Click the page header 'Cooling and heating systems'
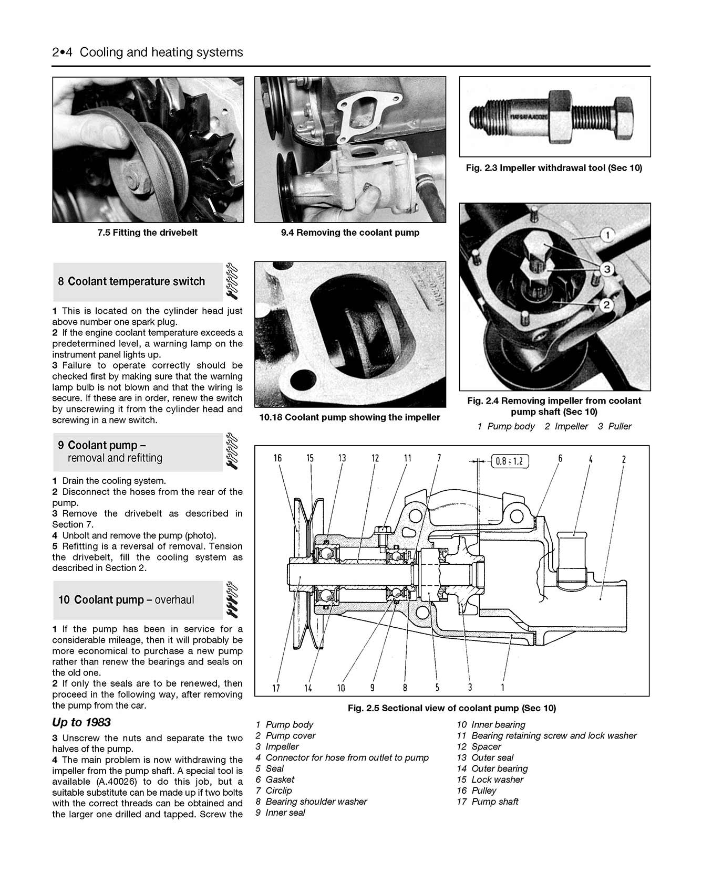(x=161, y=52)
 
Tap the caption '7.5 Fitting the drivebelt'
(x=147, y=233)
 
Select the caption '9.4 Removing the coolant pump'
(x=350, y=233)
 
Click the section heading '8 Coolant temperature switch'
(x=131, y=281)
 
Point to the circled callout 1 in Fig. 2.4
(x=607, y=235)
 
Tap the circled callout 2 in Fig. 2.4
(x=606, y=304)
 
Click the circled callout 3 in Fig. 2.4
(x=606, y=270)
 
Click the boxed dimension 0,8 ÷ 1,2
(x=510, y=461)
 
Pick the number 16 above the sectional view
(x=277, y=458)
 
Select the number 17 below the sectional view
(x=276, y=688)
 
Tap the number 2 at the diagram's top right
(x=624, y=459)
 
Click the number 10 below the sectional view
(x=341, y=688)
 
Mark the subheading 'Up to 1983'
(x=81, y=722)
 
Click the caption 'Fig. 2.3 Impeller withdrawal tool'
(x=554, y=168)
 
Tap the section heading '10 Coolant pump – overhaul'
(x=126, y=600)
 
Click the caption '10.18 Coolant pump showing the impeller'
(x=349, y=417)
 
